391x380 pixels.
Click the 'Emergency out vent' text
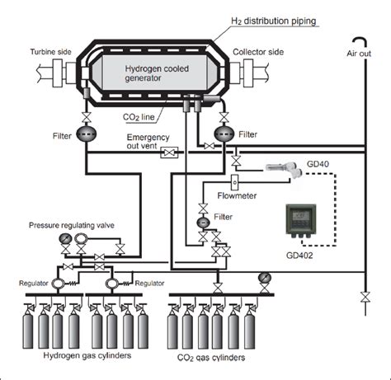click(x=149, y=142)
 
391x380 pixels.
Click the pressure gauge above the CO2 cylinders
click(x=264, y=277)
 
